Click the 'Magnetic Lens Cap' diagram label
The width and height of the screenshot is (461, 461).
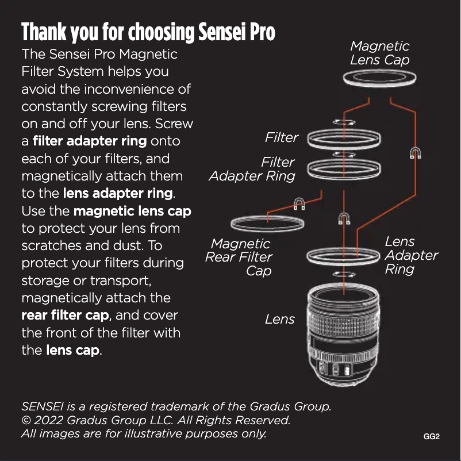[x=379, y=53]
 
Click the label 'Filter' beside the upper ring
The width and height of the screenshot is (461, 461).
[x=282, y=137]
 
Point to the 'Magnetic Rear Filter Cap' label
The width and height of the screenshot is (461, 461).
[x=239, y=257]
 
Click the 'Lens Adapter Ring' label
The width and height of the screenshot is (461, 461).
[x=411, y=255]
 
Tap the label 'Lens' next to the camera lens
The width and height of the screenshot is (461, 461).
[x=280, y=319]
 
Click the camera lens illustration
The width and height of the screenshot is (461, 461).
[x=344, y=333]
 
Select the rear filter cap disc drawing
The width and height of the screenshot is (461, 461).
[x=267, y=222]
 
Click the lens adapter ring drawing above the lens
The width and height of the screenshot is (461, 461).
[x=344, y=255]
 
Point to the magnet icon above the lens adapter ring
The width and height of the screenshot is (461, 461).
[x=344, y=219]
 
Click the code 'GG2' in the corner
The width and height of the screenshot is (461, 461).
[x=431, y=437]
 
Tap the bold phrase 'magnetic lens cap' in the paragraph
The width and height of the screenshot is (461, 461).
[x=132, y=211]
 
